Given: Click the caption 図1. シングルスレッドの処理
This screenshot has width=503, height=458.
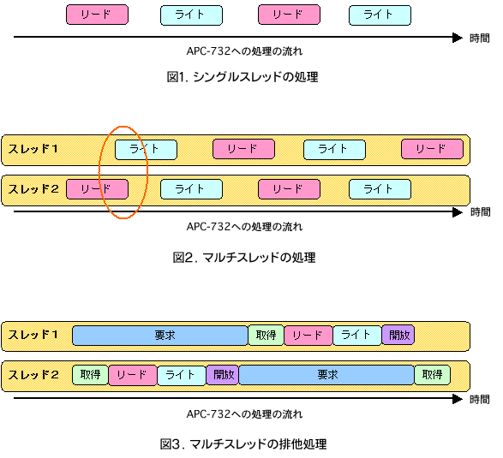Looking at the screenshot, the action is (x=243, y=77).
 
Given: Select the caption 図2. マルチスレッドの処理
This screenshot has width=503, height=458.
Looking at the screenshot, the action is (x=244, y=258).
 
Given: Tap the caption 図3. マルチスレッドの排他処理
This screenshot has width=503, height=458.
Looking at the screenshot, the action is (x=243, y=444).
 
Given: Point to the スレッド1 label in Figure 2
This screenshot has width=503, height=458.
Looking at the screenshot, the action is (x=33, y=149).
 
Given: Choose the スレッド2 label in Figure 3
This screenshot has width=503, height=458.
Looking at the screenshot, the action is (x=33, y=375).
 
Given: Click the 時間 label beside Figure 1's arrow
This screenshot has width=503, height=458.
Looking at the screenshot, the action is (x=480, y=39).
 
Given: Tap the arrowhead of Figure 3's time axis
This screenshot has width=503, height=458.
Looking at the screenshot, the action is (x=458, y=399).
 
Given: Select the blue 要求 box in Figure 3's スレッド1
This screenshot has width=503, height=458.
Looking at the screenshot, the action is (x=160, y=336).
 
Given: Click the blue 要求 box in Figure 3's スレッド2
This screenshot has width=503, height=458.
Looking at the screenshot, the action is (x=326, y=375).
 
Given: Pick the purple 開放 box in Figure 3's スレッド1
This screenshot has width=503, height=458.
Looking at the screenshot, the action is (x=398, y=336).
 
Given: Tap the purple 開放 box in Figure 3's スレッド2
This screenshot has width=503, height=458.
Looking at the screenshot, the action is (x=222, y=375).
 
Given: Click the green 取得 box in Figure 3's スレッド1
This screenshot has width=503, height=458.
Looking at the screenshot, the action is (x=266, y=336).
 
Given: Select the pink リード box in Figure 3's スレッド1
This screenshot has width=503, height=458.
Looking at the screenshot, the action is (x=308, y=336).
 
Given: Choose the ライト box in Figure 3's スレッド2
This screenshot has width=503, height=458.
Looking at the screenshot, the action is (x=182, y=375).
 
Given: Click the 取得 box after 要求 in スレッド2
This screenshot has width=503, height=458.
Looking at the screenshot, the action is (x=433, y=375).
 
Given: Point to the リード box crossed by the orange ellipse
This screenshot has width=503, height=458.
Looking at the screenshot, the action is (x=97, y=189).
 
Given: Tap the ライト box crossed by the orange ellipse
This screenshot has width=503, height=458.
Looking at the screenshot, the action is (x=146, y=149).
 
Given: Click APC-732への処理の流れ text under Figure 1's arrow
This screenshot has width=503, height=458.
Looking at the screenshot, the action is (x=244, y=51).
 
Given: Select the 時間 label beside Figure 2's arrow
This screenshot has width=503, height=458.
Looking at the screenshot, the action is (x=480, y=211).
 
